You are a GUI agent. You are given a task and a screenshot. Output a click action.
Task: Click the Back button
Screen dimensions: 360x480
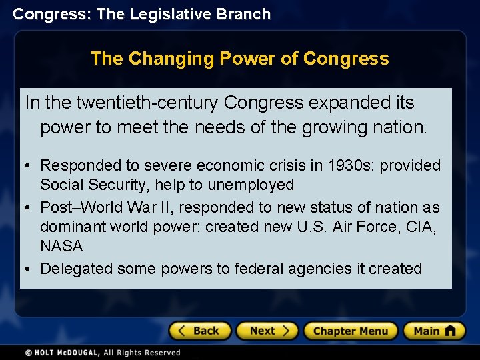(199, 331)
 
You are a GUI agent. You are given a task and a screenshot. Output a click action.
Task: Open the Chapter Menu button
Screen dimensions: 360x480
(350, 331)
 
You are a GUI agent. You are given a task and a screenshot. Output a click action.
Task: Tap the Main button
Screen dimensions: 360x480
(433, 331)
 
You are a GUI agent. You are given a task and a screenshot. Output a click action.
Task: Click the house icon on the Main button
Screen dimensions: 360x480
(450, 330)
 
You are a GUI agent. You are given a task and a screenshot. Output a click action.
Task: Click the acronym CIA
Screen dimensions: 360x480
(420, 227)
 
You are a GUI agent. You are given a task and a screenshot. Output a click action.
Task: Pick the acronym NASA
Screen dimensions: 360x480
(61, 247)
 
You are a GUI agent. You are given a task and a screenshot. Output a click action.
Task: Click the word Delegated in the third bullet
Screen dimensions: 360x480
(77, 269)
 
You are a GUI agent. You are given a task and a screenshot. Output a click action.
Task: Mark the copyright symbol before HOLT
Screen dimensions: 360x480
(29, 353)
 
